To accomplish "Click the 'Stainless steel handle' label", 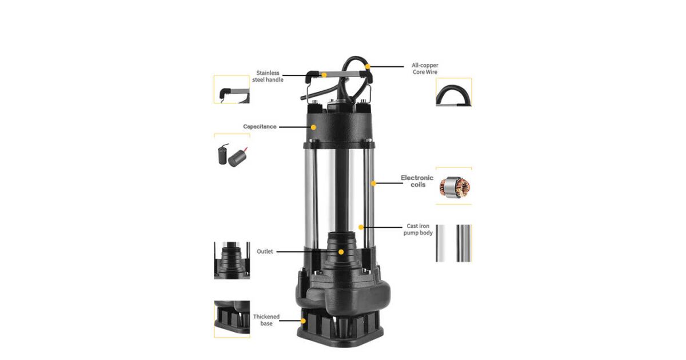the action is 268,76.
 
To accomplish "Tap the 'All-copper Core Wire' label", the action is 425,69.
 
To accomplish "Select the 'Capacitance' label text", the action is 260,126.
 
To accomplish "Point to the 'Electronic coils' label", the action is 417,181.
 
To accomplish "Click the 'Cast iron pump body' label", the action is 418,229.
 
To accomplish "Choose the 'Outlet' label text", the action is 265,251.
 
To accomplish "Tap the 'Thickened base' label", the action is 266,320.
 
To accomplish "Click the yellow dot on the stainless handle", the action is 324,75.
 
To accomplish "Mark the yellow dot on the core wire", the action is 368,66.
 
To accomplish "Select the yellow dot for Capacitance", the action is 313,127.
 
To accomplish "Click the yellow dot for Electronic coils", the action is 373,183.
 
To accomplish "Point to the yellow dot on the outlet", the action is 341,252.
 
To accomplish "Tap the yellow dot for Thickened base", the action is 303,321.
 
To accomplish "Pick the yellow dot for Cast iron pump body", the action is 361,227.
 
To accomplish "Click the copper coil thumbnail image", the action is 454,187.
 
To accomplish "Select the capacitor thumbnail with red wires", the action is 233,155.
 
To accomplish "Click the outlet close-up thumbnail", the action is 232,260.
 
